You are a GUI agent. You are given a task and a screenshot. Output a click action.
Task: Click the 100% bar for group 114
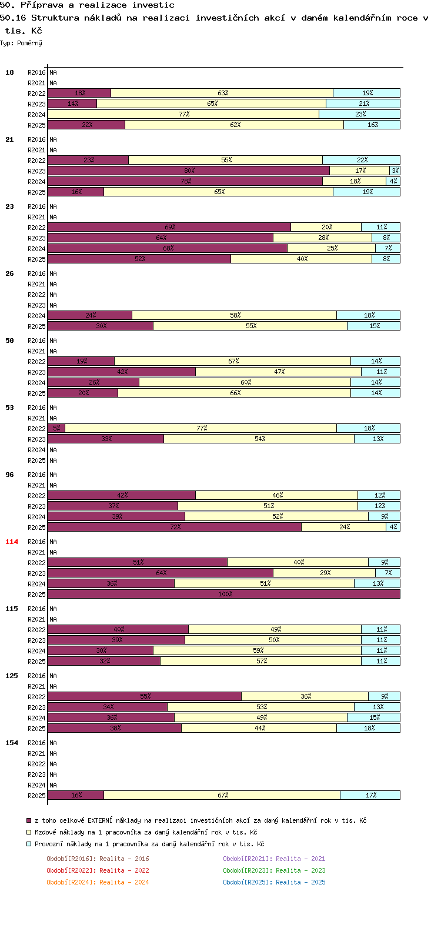pos(224,593)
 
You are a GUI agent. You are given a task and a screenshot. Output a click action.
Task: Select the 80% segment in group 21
pos(189,171)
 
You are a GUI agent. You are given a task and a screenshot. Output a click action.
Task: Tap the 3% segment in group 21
pos(395,171)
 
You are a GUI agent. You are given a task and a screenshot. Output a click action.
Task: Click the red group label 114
pos(12,542)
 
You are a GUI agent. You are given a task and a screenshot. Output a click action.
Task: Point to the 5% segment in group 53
pos(56,428)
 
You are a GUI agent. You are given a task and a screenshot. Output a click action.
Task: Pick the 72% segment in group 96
pos(175,526)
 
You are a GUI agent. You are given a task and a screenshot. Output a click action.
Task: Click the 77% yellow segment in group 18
pos(183,114)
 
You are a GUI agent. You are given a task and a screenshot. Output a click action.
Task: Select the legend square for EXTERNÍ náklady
pos(29,820)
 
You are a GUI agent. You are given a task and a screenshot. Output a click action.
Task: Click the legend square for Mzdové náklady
pos(29,832)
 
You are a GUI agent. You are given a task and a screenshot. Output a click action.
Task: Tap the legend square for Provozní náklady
pos(29,844)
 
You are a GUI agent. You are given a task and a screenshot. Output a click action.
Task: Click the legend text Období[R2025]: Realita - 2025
pos(274,882)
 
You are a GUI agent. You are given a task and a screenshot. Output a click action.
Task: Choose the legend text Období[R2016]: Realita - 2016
pos(98,859)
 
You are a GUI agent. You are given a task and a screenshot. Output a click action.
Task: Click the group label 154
pos(12,743)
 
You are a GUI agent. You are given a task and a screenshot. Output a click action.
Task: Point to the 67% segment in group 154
pos(222,795)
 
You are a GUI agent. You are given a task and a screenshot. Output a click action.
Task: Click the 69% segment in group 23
pos(169,226)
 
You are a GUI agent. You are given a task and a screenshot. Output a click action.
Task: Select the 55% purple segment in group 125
pos(145,696)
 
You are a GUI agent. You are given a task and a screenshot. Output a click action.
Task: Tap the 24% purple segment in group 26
pos(91,315)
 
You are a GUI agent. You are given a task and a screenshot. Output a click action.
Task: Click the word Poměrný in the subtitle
pos(29,43)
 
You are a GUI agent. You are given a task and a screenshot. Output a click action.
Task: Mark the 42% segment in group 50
pos(122,372)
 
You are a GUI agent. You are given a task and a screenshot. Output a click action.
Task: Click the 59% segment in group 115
pos(257,650)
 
